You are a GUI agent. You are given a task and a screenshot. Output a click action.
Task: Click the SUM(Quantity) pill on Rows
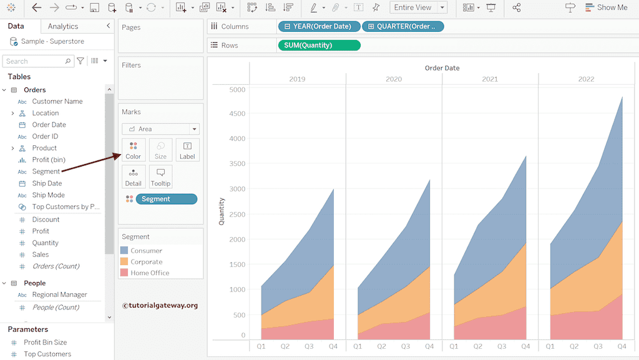click(x=319, y=45)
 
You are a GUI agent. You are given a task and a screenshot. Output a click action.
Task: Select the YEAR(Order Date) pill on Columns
click(x=319, y=26)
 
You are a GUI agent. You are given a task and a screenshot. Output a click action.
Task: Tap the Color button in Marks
click(x=134, y=150)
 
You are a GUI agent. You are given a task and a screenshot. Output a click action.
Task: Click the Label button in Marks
click(x=187, y=150)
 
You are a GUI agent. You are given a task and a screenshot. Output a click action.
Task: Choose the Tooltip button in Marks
click(x=160, y=177)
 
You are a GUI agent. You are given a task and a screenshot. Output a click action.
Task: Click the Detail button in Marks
click(x=134, y=177)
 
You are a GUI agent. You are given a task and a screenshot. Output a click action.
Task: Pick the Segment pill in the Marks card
click(x=166, y=199)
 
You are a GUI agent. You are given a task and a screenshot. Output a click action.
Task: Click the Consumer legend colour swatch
click(x=125, y=251)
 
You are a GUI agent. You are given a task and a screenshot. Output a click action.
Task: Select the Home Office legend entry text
click(x=150, y=273)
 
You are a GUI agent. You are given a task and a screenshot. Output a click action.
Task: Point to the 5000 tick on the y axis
click(x=238, y=89)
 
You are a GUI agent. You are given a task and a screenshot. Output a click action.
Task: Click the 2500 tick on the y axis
click(x=238, y=214)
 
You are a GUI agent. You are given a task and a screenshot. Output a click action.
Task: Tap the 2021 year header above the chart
click(x=490, y=79)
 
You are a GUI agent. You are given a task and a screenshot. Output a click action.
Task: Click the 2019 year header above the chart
click(x=298, y=79)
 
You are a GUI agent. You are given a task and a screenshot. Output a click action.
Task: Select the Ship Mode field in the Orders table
click(x=48, y=195)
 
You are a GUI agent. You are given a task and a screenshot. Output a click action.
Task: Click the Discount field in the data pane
click(x=46, y=219)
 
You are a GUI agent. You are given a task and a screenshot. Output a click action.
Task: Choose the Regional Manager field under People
click(x=59, y=294)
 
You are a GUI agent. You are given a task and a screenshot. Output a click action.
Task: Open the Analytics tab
click(x=63, y=26)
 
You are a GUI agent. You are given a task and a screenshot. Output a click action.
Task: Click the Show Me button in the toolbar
click(x=606, y=7)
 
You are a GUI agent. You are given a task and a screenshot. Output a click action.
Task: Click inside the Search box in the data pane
click(x=34, y=61)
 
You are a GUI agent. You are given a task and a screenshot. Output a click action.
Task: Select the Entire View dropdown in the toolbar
click(x=418, y=7)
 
